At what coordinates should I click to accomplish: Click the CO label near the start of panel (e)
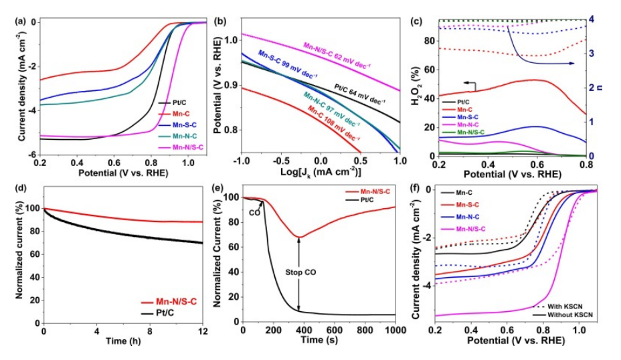[254, 213]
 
